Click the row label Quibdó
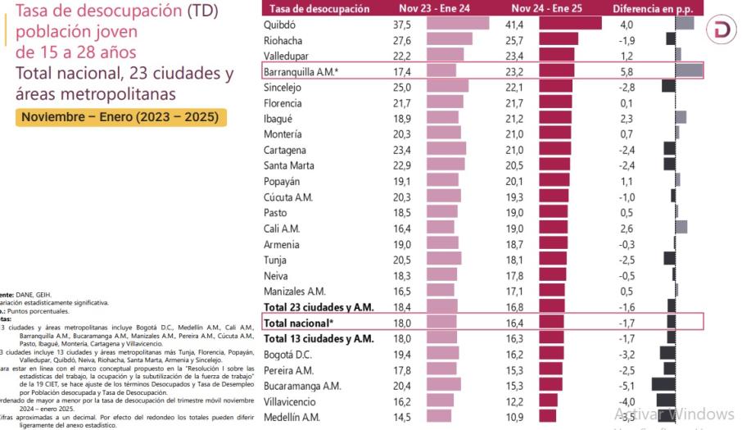(x=279, y=25)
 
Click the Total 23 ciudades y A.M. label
(x=319, y=307)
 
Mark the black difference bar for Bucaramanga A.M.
(x=663, y=386)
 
